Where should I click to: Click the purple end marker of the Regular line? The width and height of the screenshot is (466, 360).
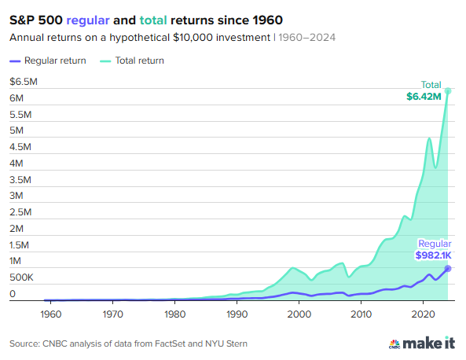pyautogui.click(x=448, y=269)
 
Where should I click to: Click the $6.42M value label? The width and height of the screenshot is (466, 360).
pyautogui.click(x=424, y=97)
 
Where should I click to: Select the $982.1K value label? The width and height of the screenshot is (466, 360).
pyautogui.click(x=434, y=255)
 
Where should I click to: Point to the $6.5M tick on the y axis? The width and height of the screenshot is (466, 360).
pyautogui.click(x=23, y=82)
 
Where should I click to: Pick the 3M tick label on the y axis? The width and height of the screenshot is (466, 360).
pyautogui.click(x=17, y=196)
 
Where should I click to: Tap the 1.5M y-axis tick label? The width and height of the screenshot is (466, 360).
pyautogui.click(x=20, y=244)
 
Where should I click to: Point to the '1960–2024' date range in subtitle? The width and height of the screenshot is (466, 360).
pyautogui.click(x=308, y=38)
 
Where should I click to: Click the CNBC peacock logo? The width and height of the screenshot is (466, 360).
pyautogui.click(x=396, y=343)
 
